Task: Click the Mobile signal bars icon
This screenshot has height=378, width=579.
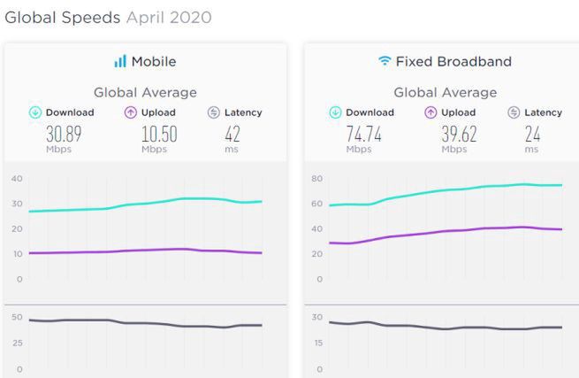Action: [119, 61]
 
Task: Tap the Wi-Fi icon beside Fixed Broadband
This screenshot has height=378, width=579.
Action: [384, 61]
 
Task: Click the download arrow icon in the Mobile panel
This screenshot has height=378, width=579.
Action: [35, 112]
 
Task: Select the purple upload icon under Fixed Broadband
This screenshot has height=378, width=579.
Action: [430, 112]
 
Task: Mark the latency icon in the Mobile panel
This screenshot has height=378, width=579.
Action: [213, 112]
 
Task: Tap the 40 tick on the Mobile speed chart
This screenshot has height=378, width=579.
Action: [16, 179]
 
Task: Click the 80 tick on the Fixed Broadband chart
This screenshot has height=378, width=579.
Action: [316, 179]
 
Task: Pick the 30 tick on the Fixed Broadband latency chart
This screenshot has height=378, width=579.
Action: [316, 317]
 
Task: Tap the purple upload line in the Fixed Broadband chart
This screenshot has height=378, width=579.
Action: [442, 231]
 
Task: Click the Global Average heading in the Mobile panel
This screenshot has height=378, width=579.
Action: [145, 92]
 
